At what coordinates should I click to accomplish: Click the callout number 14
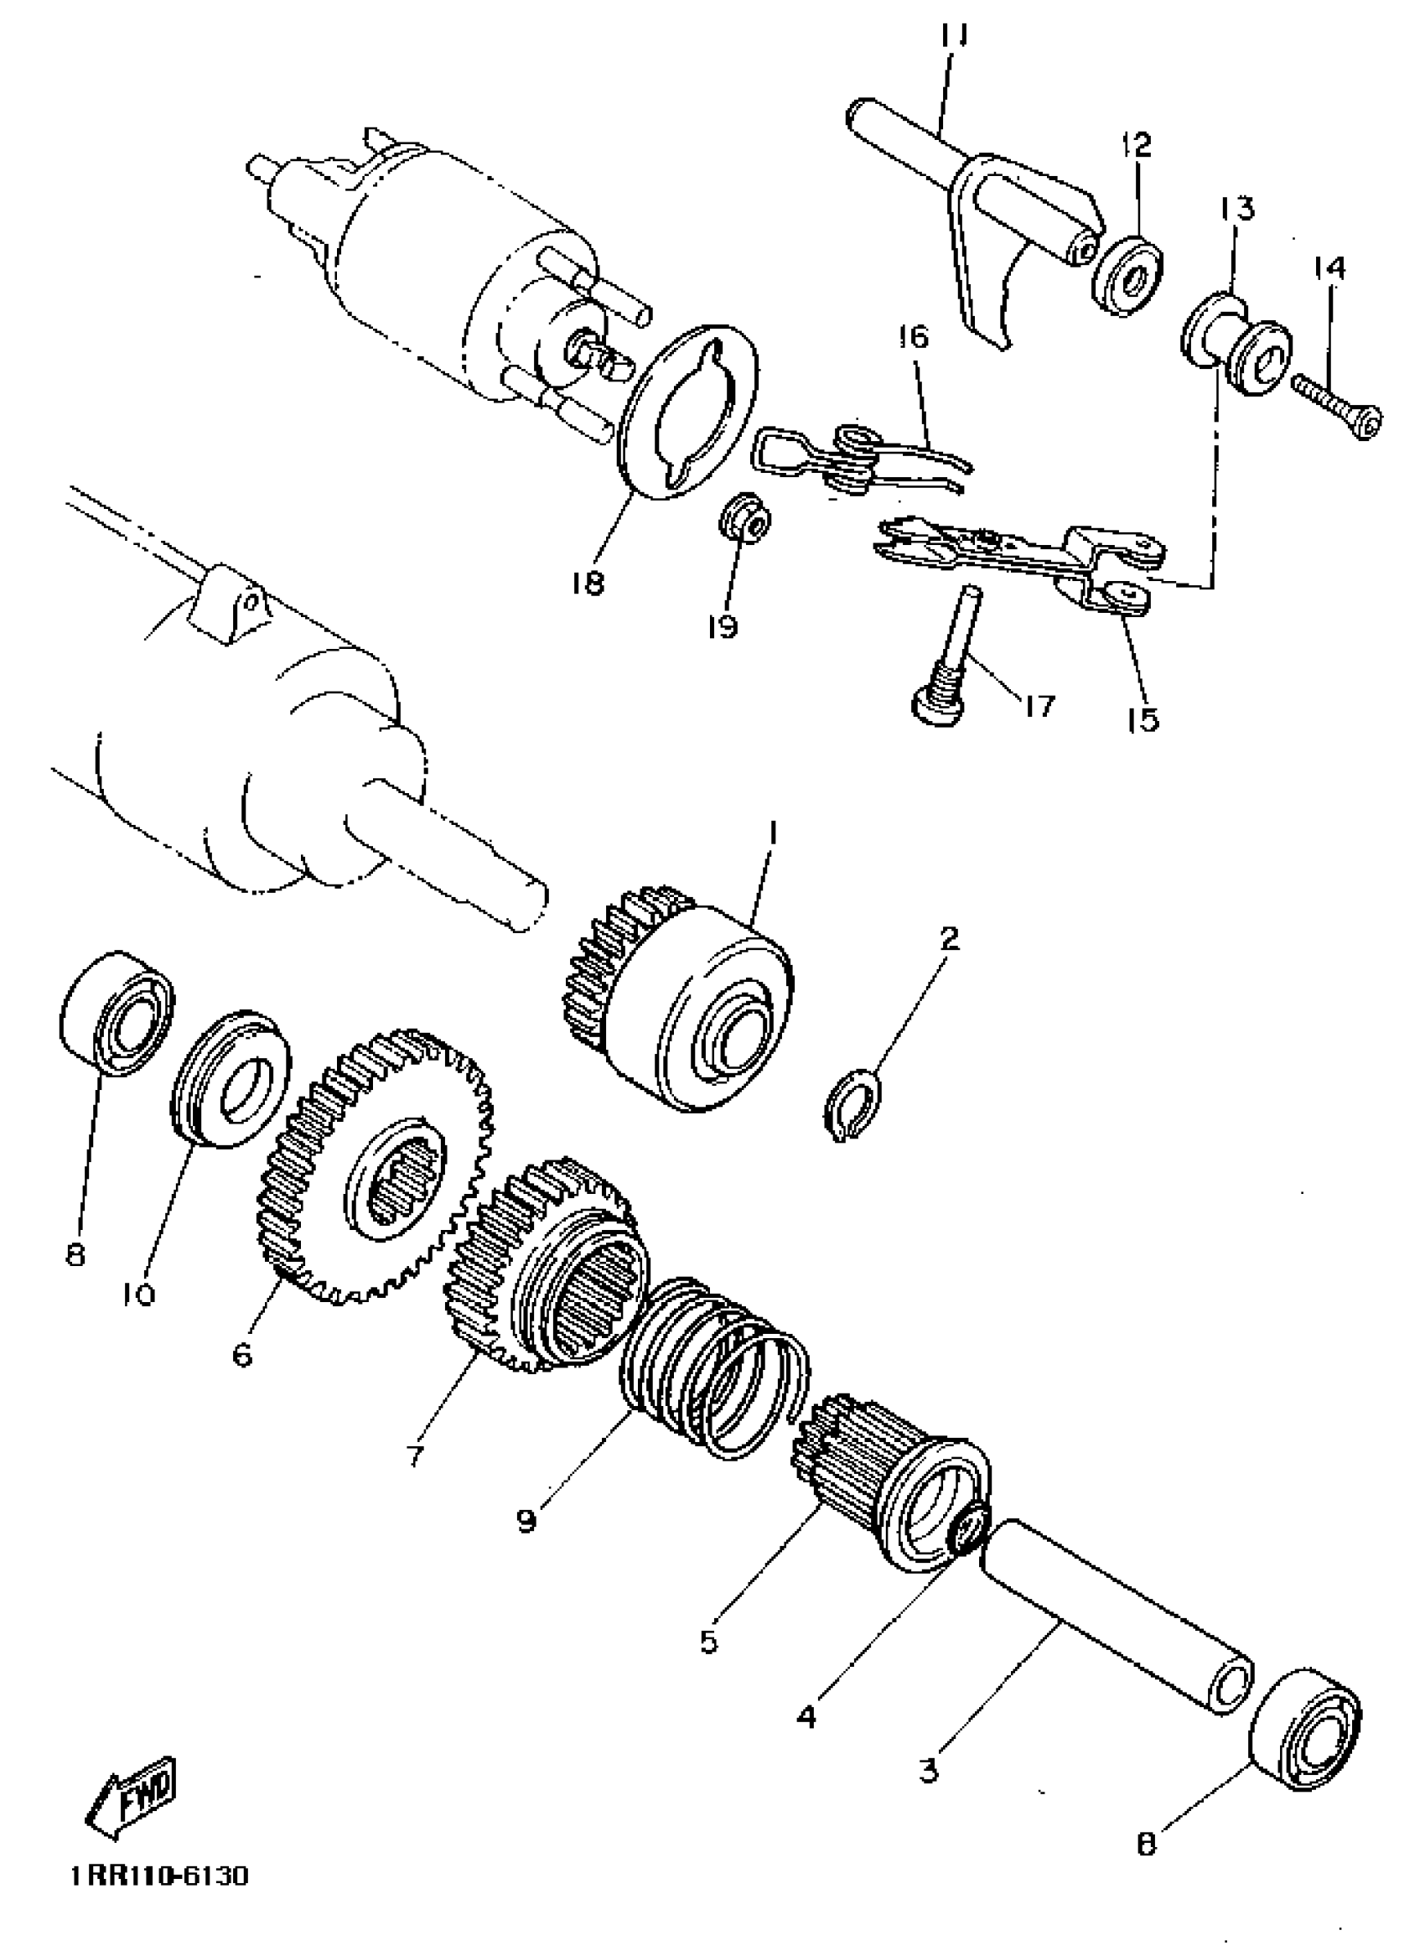pos(1329,268)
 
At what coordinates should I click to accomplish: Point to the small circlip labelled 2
pos(852,1105)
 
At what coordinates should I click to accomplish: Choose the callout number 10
pos(138,1319)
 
